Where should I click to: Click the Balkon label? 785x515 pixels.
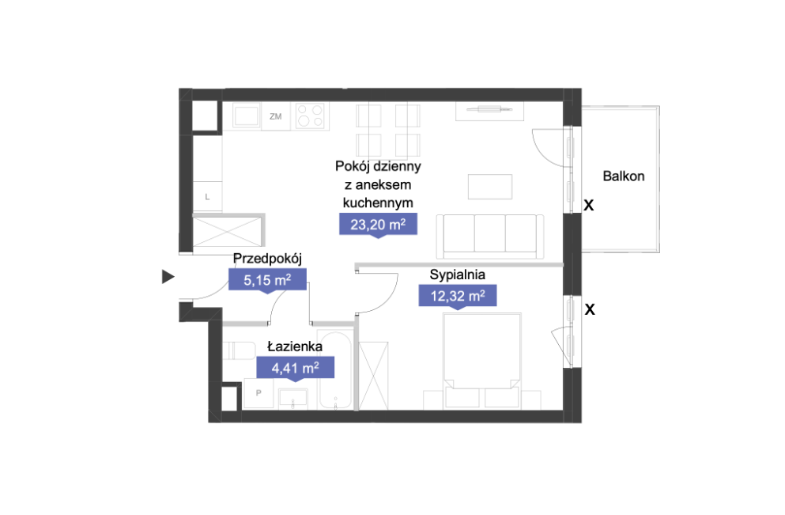pos(623,176)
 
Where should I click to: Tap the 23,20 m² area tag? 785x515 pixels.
pos(378,225)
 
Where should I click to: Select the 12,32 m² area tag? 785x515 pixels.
pos(458,296)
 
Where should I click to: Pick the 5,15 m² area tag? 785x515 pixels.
pos(267,280)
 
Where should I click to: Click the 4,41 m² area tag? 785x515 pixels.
pos(296,368)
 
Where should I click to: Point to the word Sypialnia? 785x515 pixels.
pos(458,275)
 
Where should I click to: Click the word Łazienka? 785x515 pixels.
pos(295,346)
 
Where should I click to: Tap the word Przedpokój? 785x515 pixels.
pos(267,259)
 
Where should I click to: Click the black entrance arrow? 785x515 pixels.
pos(168,277)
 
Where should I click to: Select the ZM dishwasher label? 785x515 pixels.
pos(275,117)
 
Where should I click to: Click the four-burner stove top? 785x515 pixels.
pos(311,115)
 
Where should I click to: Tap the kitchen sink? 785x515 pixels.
pos(247,116)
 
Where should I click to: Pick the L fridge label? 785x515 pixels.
pos(207,197)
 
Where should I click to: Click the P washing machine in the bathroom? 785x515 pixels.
pos(259,393)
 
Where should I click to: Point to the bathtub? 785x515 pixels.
pos(335,370)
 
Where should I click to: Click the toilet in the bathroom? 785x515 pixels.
pos(238,350)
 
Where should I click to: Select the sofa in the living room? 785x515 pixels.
pos(490,237)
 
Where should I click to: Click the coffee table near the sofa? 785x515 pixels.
pos(490,187)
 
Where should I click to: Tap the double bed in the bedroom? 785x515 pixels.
pos(482,360)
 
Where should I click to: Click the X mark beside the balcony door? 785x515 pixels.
pos(589,205)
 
